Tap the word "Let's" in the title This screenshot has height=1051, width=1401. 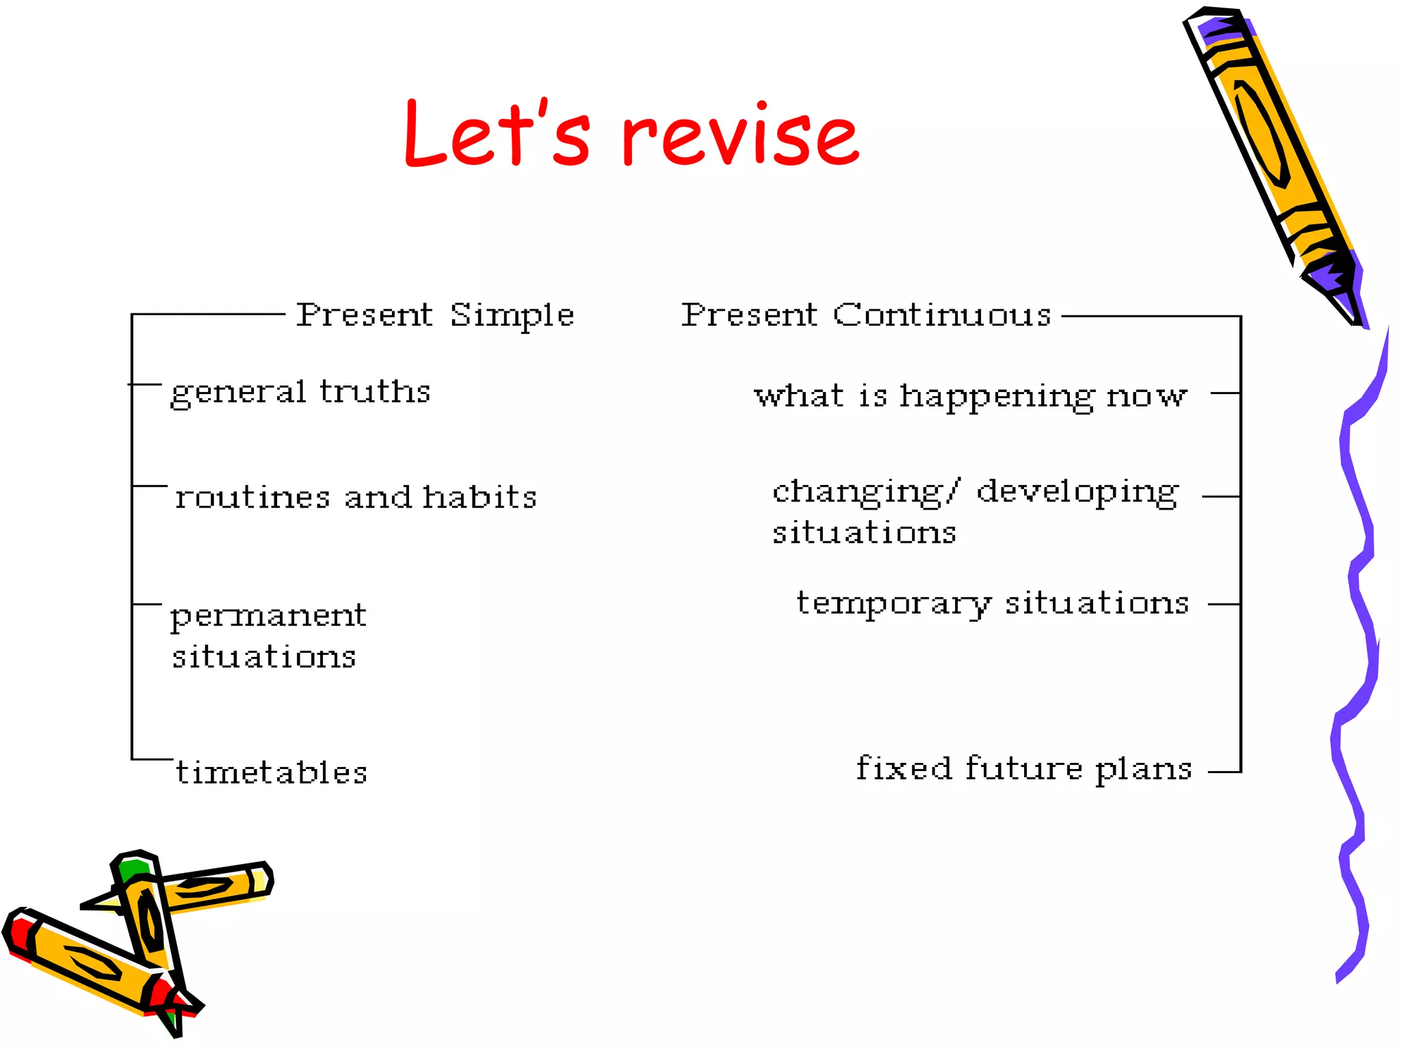497,133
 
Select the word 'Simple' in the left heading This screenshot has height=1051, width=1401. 512,316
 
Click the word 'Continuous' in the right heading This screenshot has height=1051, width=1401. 941,315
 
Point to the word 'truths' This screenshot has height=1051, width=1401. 375,391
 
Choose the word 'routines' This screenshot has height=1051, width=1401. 252,497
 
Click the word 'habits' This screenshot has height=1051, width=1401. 480,497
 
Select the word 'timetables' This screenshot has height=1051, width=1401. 272,773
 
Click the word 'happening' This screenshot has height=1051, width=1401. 996,397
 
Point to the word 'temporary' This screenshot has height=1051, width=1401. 893,604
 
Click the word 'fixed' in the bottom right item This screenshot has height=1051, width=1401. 904,768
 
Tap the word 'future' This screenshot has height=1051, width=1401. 1024,768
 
